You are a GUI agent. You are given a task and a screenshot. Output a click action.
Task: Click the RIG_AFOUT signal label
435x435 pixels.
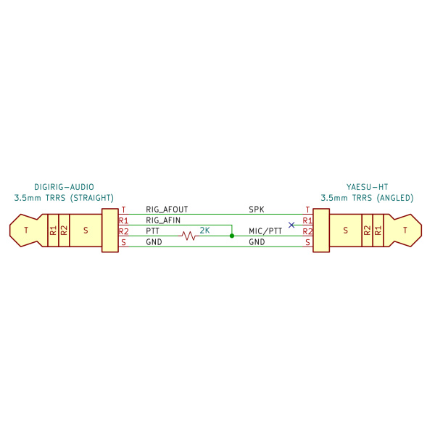(167, 210)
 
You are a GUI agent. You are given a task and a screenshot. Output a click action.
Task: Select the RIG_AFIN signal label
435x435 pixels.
(163, 220)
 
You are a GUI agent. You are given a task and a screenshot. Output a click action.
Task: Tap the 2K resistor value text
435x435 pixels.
(204, 231)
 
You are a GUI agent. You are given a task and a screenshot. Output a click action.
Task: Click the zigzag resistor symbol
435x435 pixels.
(188, 236)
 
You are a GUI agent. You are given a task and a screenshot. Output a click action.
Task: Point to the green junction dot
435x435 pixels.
(232, 236)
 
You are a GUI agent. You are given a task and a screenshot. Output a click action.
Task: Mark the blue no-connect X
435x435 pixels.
(291, 225)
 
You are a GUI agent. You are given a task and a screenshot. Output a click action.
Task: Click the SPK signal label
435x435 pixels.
(257, 210)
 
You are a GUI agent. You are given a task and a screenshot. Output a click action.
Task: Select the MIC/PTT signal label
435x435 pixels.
(265, 231)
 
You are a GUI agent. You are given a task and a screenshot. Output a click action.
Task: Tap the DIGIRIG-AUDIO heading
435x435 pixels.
(64, 187)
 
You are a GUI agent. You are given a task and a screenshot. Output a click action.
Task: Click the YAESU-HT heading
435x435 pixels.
(367, 187)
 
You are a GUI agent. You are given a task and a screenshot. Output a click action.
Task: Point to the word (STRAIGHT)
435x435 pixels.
(92, 198)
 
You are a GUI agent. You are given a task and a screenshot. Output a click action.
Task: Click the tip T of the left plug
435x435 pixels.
(26, 231)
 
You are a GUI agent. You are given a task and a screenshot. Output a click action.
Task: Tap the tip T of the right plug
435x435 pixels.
(405, 231)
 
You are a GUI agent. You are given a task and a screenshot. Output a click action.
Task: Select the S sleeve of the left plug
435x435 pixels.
(86, 231)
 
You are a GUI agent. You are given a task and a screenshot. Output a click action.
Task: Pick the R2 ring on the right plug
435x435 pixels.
(368, 231)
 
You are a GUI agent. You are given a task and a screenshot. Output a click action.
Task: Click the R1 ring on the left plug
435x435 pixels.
(53, 231)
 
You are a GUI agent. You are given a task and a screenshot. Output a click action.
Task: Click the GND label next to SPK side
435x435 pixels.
(257, 242)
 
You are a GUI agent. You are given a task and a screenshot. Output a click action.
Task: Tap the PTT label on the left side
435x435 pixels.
(152, 231)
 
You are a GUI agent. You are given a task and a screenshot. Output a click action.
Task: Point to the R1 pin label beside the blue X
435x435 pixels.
(307, 221)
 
